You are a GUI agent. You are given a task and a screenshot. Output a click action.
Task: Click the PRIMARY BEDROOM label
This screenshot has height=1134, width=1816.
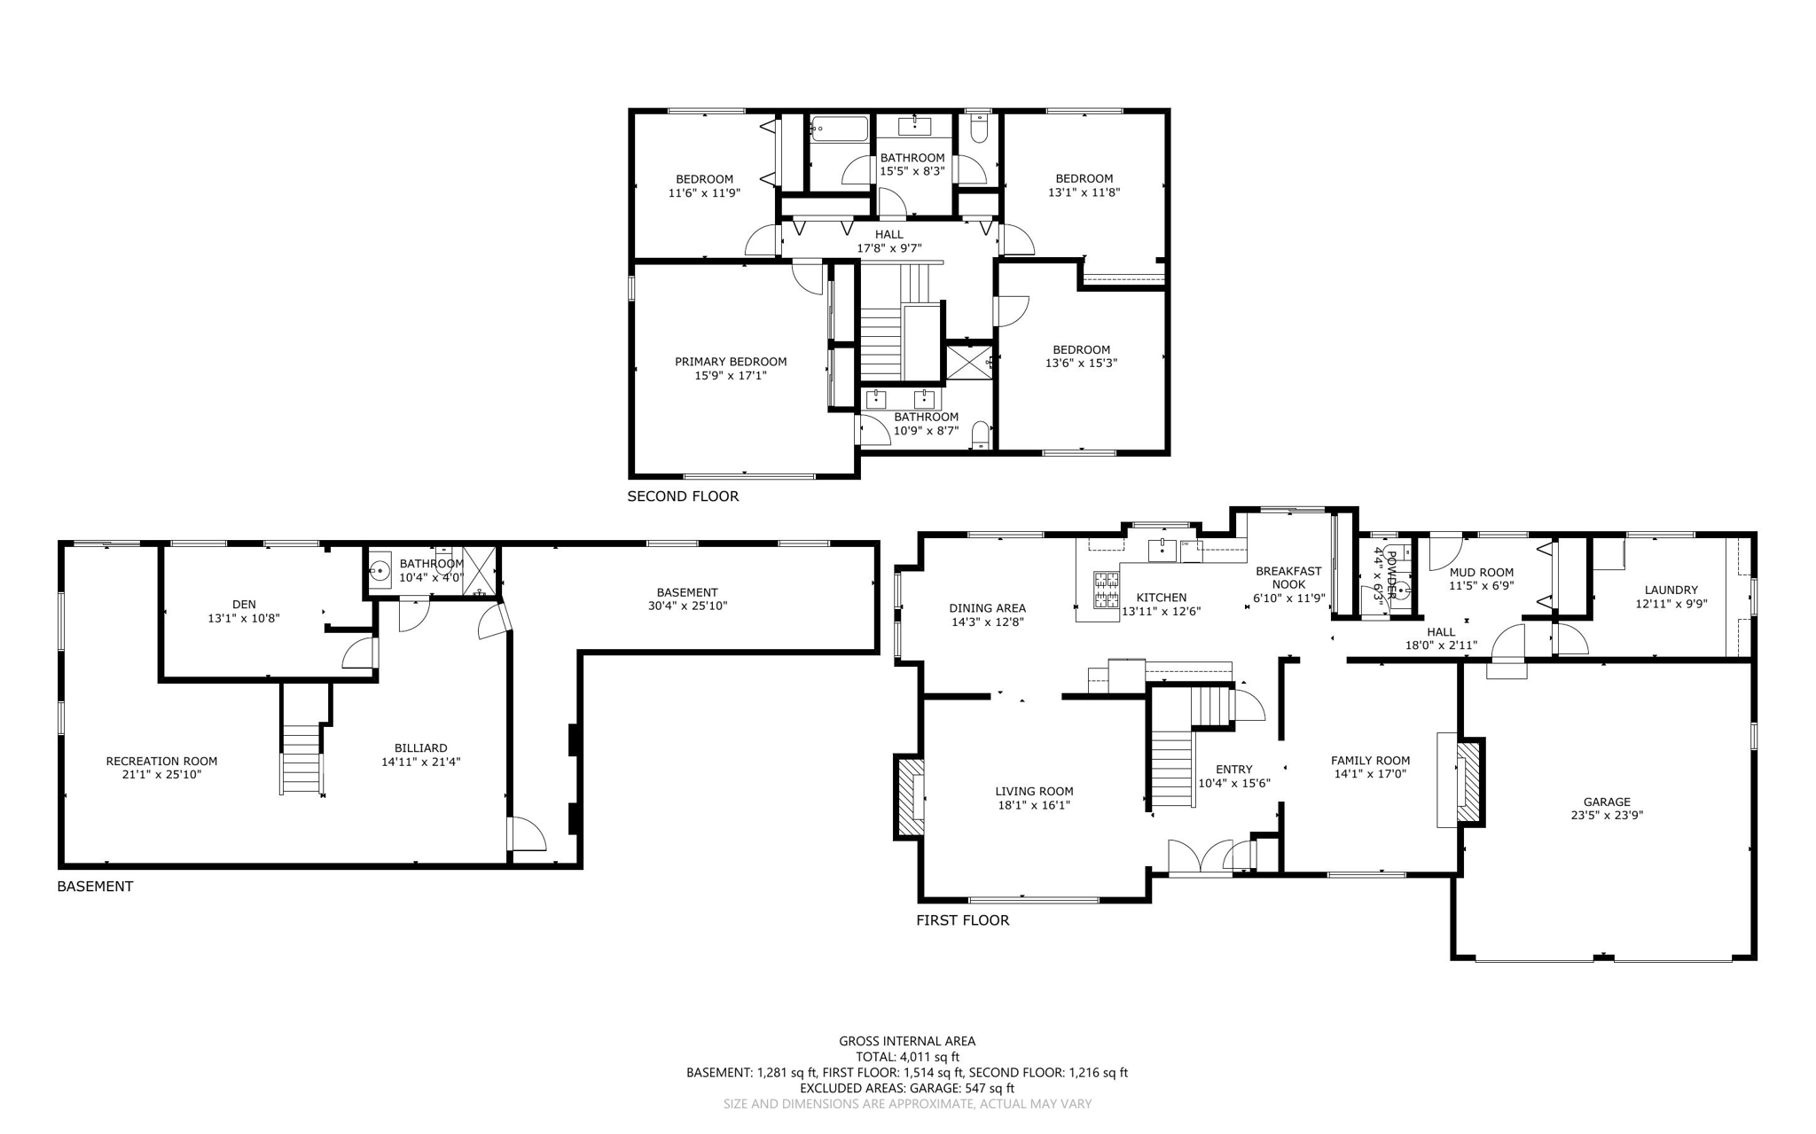coord(731,362)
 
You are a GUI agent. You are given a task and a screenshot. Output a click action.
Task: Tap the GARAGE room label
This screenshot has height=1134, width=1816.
coord(1607,802)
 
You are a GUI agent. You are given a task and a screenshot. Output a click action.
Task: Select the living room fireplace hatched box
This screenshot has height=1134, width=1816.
coord(911,797)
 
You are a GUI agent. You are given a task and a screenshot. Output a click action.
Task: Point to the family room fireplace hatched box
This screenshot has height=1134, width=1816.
coord(1468,781)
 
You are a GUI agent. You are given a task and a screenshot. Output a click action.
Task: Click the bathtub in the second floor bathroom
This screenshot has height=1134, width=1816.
coord(839,129)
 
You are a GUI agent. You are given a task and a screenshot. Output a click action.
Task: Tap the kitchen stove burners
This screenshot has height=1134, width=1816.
coord(1106,590)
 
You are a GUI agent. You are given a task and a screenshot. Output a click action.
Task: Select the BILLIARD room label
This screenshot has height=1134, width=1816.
coord(421,748)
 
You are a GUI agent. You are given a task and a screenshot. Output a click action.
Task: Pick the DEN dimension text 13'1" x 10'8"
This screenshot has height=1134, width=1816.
coord(244,618)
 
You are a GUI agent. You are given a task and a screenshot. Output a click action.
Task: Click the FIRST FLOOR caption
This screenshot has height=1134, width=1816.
coord(963,920)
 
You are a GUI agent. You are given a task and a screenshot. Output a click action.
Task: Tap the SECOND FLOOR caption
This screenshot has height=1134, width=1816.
coord(683,497)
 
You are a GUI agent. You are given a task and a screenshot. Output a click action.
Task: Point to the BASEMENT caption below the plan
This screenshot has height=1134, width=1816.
coord(95,887)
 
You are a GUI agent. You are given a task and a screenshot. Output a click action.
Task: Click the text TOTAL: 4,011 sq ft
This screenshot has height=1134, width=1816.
coord(907,1057)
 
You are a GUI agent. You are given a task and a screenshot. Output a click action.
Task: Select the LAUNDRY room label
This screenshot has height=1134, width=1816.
coord(1671,590)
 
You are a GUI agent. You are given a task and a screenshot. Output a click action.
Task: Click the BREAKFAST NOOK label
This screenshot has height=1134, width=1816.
coord(1289,578)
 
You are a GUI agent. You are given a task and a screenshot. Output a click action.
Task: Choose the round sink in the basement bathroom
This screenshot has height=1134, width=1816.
coord(380,569)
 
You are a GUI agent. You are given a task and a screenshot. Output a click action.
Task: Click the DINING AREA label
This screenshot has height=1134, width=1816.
coord(988,608)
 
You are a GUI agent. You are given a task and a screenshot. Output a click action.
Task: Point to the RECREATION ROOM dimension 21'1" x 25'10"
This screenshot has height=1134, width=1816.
coord(161,775)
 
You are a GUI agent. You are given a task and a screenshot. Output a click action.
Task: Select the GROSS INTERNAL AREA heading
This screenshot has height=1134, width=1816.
coord(907,1042)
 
